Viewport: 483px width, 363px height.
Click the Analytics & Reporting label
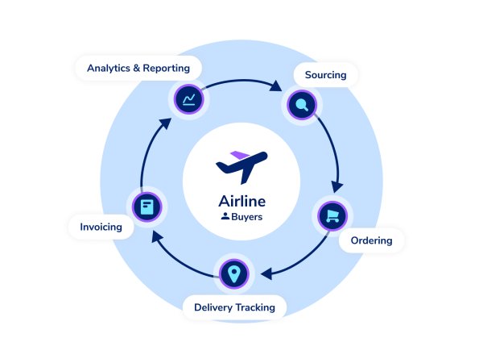(x=138, y=68)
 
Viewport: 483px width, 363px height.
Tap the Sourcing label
(x=325, y=75)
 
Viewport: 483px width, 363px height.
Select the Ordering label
(x=371, y=240)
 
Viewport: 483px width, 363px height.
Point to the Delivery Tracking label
(x=234, y=307)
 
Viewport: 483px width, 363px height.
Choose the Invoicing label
(x=101, y=227)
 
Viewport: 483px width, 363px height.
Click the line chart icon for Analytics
(x=189, y=99)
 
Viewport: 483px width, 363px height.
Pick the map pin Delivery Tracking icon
(x=234, y=273)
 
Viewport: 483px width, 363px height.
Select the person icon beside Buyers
(x=225, y=216)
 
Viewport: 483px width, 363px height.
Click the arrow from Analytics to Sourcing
(x=242, y=80)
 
